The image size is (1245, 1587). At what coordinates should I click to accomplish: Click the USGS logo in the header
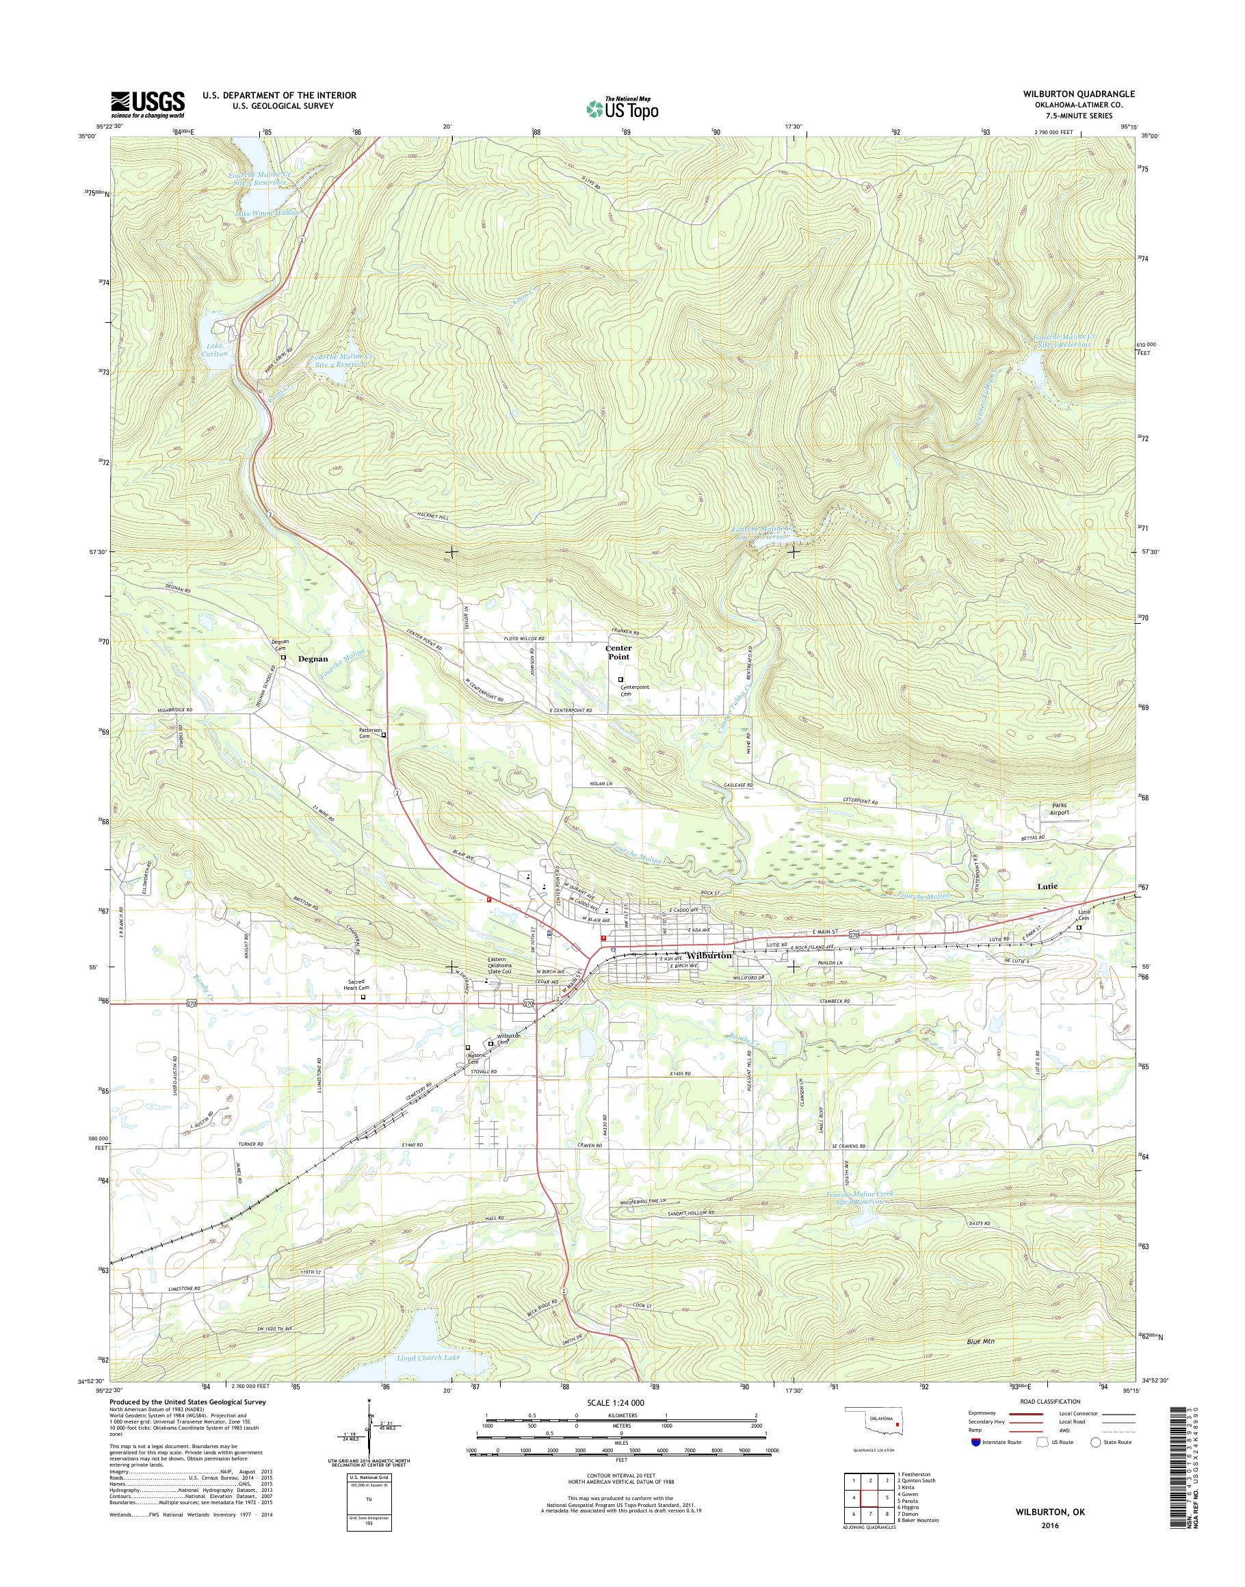coord(147,105)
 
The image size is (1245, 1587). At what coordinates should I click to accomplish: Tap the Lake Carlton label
coord(216,349)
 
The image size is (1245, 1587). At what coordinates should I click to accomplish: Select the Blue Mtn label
coord(980,1341)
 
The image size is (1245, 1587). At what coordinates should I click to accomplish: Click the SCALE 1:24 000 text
coord(616,1402)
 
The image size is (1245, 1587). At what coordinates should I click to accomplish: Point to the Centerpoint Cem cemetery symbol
coord(620,679)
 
